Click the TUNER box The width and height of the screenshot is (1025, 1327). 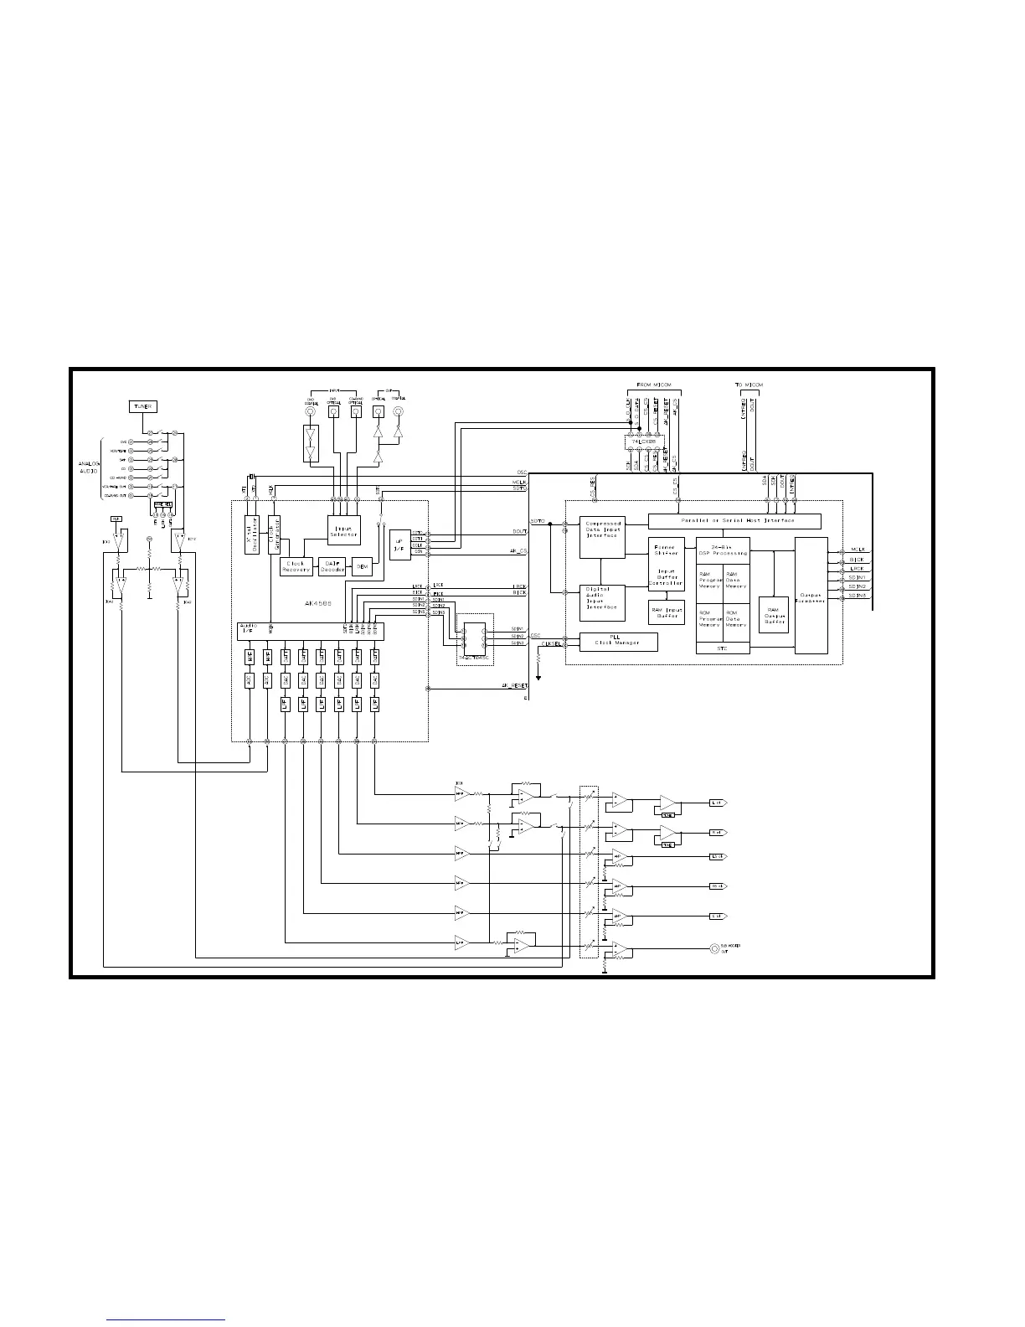pyautogui.click(x=142, y=406)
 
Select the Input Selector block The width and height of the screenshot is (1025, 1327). pyautogui.click(x=343, y=530)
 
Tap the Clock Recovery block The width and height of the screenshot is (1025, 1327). pyautogui.click(x=296, y=566)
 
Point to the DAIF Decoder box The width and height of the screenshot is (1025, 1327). pyautogui.click(x=332, y=566)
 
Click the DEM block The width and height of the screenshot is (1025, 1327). pyautogui.click(x=363, y=566)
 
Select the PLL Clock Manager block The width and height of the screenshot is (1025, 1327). pyautogui.click(x=619, y=641)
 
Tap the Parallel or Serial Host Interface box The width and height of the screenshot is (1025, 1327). pyautogui.click(x=734, y=521)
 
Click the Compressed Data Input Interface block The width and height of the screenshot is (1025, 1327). pyautogui.click(x=602, y=537)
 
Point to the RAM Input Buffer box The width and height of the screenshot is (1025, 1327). pyautogui.click(x=667, y=612)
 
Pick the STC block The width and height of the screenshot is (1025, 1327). pyautogui.click(x=723, y=648)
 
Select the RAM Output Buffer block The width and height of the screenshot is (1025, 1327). pyautogui.click(x=773, y=614)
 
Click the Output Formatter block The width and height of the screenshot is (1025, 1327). pyautogui.click(x=811, y=596)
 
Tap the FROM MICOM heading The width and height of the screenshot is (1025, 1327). pyautogui.click(x=653, y=385)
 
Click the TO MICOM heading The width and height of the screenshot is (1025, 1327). pyautogui.click(x=749, y=385)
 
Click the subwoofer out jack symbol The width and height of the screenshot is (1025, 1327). pyautogui.click(x=713, y=948)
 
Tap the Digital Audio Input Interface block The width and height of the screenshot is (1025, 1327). pyautogui.click(x=602, y=599)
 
